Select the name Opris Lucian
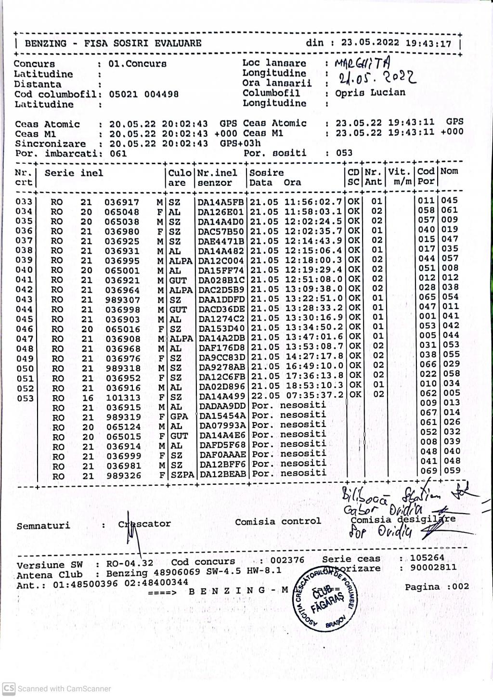coord(370,92)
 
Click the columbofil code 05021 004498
coord(143,94)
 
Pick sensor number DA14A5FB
coord(221,202)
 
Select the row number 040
coord(24,270)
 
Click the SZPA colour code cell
coord(182,475)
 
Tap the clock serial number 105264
coord(427,558)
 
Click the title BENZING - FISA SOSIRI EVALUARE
coord(113,43)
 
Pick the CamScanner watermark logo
coord(9,688)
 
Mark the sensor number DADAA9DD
coord(222,406)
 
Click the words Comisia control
coord(278,521)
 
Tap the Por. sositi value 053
coord(344,153)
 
